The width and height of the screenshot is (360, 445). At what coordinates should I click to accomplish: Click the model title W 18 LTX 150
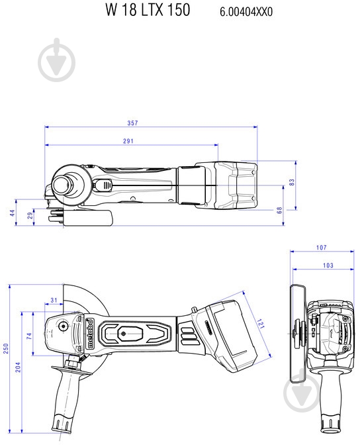tap(147, 10)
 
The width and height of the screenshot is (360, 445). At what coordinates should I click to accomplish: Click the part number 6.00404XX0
tap(246, 11)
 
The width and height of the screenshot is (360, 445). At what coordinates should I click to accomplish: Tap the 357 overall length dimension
tap(151, 123)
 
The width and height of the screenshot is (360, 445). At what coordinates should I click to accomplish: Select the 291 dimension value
tap(128, 141)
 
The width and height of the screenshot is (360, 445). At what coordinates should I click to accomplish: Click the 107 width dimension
tap(321, 248)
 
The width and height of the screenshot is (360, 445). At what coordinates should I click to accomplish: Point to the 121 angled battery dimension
tap(260, 325)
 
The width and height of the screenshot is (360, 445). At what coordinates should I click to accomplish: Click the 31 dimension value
tap(54, 301)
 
